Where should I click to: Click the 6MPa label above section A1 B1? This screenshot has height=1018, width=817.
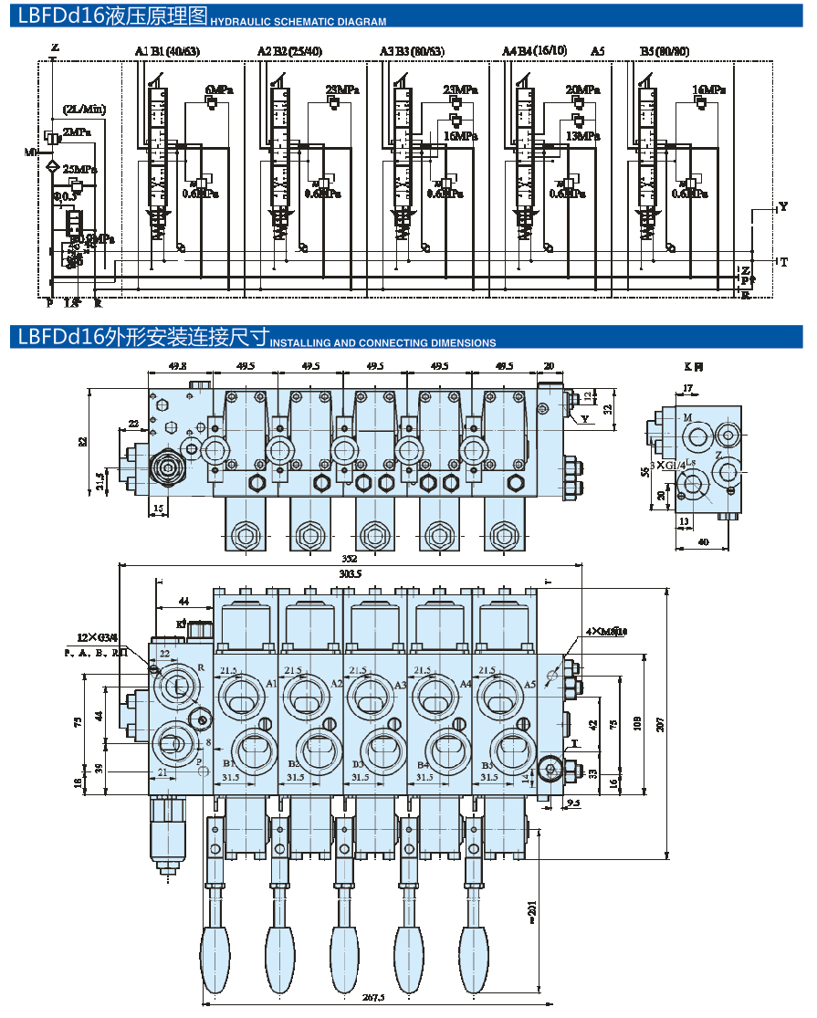pyautogui.click(x=219, y=89)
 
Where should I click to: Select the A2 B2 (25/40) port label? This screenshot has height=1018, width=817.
pyautogui.click(x=290, y=51)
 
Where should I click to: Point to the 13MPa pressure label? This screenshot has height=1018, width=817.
pyautogui.click(x=581, y=136)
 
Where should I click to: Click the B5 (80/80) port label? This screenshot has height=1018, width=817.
pyautogui.click(x=664, y=51)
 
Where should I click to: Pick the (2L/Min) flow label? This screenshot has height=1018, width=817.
pyautogui.click(x=84, y=110)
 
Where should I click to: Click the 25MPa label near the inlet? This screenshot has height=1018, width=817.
pyautogui.click(x=80, y=169)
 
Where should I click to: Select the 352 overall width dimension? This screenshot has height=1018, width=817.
pyautogui.click(x=349, y=560)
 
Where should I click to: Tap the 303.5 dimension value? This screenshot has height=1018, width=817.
pyautogui.click(x=350, y=574)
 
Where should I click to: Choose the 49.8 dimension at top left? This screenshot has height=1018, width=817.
pyautogui.click(x=177, y=366)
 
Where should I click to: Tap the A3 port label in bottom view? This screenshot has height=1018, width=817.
pyautogui.click(x=400, y=684)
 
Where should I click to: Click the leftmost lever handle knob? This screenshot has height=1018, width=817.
pyautogui.click(x=216, y=956)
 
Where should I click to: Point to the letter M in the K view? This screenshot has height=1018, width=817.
pyautogui.click(x=687, y=417)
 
